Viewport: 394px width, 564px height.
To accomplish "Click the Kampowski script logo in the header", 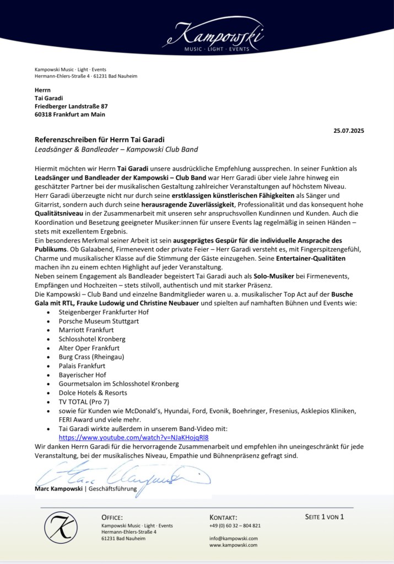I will tap(215, 36).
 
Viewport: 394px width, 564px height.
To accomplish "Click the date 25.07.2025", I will tap(349, 131).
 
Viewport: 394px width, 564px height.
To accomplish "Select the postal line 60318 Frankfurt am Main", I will tap(69, 115).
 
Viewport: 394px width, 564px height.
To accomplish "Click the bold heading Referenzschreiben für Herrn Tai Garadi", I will tap(100, 140).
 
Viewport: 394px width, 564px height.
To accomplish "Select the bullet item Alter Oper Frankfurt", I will tap(89, 348).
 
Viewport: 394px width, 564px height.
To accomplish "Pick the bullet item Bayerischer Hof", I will tap(83, 375).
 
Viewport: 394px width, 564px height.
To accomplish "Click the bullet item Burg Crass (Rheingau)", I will tap(91, 357).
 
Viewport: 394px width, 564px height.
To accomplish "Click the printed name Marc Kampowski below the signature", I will tap(58, 489).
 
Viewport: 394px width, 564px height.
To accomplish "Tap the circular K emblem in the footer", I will tap(61, 528).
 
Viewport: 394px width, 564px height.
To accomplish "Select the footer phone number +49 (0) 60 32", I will tap(235, 526).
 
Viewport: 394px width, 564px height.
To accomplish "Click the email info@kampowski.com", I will tap(233, 538).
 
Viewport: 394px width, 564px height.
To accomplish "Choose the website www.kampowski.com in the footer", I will tap(233, 545).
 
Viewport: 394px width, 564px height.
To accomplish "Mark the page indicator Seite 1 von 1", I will tap(324, 517).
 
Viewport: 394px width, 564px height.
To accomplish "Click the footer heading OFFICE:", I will tap(112, 518).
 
